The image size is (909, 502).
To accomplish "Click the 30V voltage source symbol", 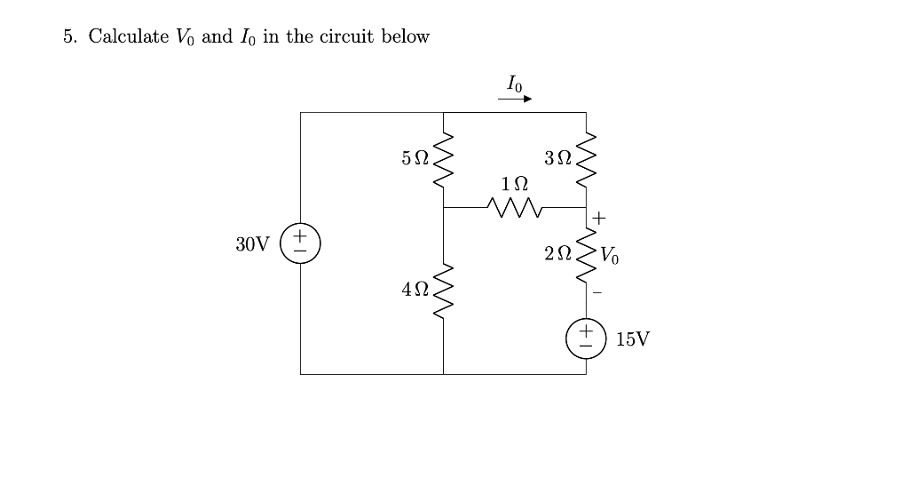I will click(300, 243).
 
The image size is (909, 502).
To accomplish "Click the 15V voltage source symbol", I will click(586, 339).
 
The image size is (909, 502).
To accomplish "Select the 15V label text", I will click(632, 339).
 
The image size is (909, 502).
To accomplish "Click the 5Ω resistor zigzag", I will click(443, 159).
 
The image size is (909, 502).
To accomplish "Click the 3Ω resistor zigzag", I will click(586, 159).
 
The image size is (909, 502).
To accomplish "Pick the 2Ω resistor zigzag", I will click(586, 254).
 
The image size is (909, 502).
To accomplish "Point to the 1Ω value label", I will click(514, 184).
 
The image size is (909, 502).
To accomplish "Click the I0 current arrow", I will click(514, 100).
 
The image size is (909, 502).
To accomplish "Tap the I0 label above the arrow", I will click(514, 84).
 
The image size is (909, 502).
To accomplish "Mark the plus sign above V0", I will click(599, 216).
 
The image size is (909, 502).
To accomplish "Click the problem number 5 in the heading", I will click(69, 36).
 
